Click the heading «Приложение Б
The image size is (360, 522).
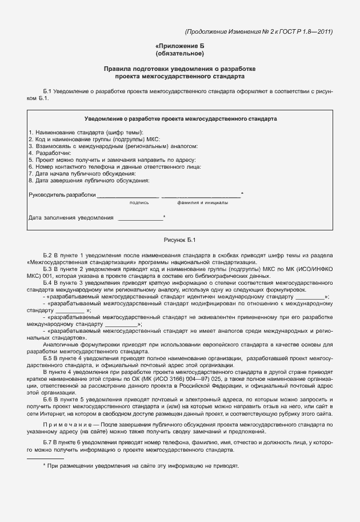pyautogui.click(x=179, y=46)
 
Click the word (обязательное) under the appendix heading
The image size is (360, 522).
pyautogui.click(x=179, y=54)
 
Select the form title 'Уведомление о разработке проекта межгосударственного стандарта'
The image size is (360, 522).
pyautogui.click(x=181, y=119)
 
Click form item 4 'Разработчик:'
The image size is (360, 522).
pyautogui.click(x=50, y=153)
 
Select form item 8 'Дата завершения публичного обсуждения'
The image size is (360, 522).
pyautogui.click(x=89, y=181)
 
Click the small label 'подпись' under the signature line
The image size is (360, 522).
pyautogui.click(x=139, y=202)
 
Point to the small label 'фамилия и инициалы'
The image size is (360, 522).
pyautogui.click(x=203, y=202)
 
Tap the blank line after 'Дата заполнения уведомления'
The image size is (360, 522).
pyautogui.click(x=140, y=218)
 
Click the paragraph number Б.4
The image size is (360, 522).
pyautogui.click(x=48, y=282)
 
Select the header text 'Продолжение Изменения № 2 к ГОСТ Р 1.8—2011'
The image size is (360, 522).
pyautogui.click(x=259, y=31)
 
